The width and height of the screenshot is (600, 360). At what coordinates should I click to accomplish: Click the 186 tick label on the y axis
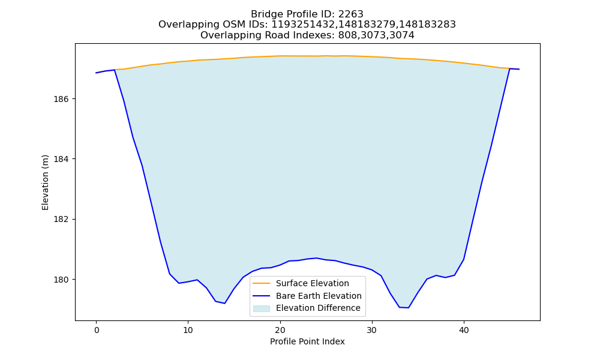[x=61, y=99]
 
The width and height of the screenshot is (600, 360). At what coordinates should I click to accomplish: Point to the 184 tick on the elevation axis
[x=61, y=159]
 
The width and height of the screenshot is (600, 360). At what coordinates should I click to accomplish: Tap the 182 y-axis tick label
[x=61, y=220]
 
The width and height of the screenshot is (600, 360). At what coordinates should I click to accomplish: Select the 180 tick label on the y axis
[x=61, y=280]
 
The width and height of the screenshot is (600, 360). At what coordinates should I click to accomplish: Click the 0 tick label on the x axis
[x=97, y=330]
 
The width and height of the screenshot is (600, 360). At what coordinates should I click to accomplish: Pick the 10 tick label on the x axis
[x=188, y=330]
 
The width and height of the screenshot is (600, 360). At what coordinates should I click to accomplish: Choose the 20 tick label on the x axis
[x=280, y=330]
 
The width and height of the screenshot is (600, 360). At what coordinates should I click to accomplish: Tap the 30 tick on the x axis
[x=372, y=330]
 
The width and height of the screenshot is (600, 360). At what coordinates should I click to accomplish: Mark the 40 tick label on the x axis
[x=464, y=330]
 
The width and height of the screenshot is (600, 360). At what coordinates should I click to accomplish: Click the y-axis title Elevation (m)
[x=45, y=182]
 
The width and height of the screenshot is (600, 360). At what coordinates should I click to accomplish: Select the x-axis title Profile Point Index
[x=307, y=341]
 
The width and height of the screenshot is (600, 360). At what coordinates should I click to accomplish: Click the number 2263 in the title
[x=350, y=14]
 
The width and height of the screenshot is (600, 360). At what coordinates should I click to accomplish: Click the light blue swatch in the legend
[x=262, y=308]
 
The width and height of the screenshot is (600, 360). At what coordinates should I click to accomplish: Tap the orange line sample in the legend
[x=262, y=283]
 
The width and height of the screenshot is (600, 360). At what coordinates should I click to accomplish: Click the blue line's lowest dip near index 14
[x=224, y=304]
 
